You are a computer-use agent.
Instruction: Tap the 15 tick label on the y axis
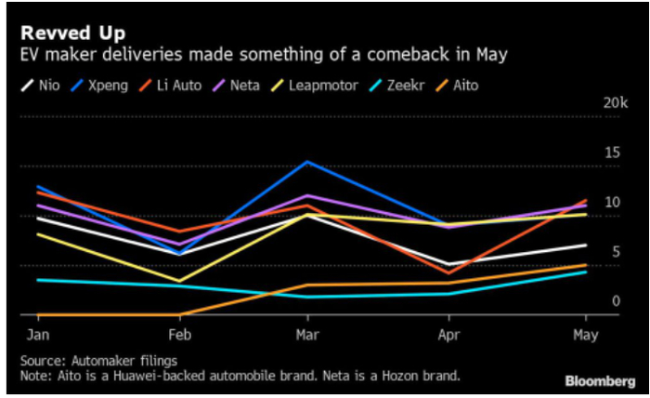(x=611, y=152)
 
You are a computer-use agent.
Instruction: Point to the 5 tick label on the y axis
(x=614, y=252)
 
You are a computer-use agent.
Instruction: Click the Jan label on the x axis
(x=37, y=334)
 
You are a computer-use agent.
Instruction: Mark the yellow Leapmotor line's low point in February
(x=179, y=281)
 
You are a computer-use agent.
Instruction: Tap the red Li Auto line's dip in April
(x=448, y=273)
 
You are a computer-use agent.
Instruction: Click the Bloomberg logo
(x=600, y=381)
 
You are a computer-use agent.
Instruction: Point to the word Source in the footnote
(x=41, y=360)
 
